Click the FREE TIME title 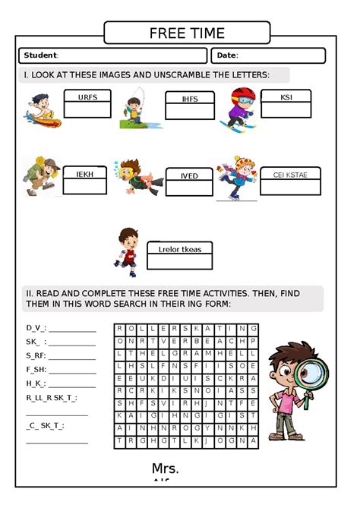point(187,33)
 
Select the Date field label point(227,55)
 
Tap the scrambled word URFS point(88,97)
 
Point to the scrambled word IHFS point(190,99)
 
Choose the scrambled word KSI point(286,97)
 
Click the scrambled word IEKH point(85,175)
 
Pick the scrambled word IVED point(189,176)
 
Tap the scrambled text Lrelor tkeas point(180,249)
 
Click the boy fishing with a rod point(136,108)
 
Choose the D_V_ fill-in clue point(36,328)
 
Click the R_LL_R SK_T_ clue point(51,397)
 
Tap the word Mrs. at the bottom point(165,469)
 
